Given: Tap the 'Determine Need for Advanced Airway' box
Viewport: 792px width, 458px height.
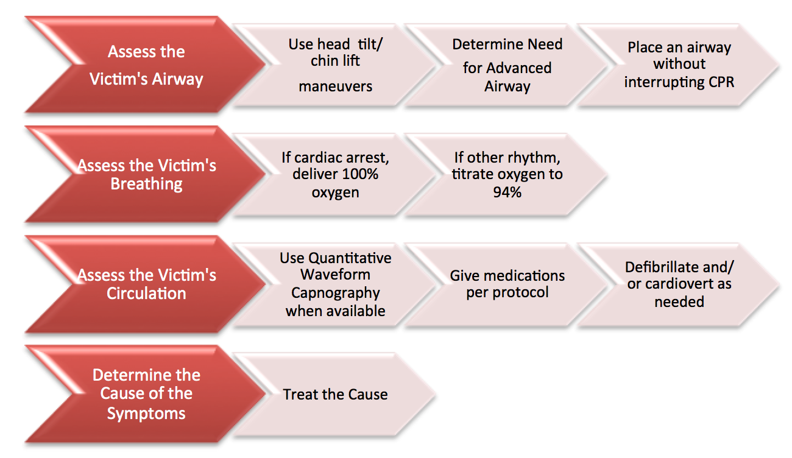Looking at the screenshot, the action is (x=507, y=65).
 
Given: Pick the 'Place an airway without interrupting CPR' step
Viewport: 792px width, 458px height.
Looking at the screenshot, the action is (x=679, y=65).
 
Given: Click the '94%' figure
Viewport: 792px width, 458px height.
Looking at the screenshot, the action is (x=507, y=192).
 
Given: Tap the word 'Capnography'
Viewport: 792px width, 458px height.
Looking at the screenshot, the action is (x=335, y=294).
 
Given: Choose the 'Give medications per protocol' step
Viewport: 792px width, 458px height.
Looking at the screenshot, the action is (x=507, y=284).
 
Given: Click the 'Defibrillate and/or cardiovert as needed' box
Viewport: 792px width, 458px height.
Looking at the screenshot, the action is (x=679, y=284).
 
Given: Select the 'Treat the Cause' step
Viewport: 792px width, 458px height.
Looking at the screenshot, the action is (x=334, y=395).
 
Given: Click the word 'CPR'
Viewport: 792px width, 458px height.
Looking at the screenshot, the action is (x=721, y=82).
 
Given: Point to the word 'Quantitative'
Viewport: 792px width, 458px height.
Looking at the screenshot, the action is (x=350, y=258).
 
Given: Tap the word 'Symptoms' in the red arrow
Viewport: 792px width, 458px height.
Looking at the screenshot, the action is (x=146, y=414).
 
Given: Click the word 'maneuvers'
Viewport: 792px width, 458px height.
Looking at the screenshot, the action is (x=335, y=86).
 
